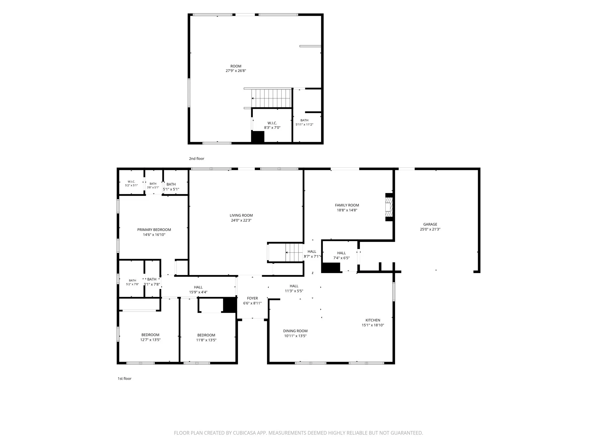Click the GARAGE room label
(x=430, y=224)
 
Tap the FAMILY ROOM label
(x=347, y=205)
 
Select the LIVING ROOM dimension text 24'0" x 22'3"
(x=241, y=220)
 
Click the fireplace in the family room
(x=389, y=207)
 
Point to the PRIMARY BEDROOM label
(x=154, y=230)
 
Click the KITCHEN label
(x=373, y=320)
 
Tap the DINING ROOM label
(x=295, y=331)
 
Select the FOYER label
(x=252, y=298)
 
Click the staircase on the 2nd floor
(x=271, y=98)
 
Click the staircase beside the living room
(x=294, y=252)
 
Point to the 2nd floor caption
(x=196, y=159)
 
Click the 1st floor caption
(x=124, y=379)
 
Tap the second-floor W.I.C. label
(x=272, y=123)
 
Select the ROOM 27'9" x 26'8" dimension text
(x=236, y=71)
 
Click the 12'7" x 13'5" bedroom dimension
(x=150, y=340)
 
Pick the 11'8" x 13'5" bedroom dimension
(x=206, y=340)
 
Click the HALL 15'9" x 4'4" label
(x=198, y=290)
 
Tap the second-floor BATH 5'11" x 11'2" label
(x=304, y=122)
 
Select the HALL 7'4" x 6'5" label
(x=341, y=256)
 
